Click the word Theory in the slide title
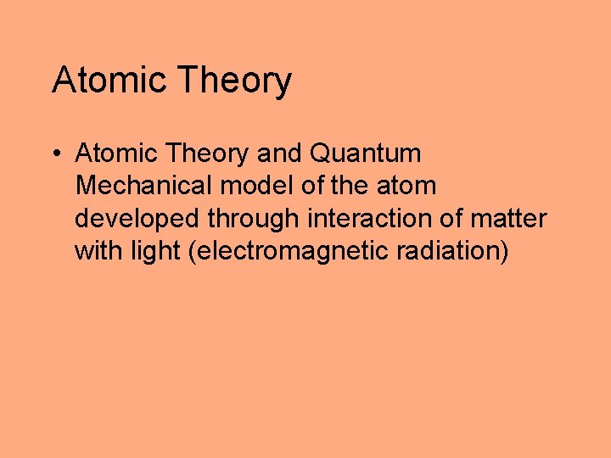coord(234,81)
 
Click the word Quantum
coord(366,154)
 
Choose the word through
coord(253,219)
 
